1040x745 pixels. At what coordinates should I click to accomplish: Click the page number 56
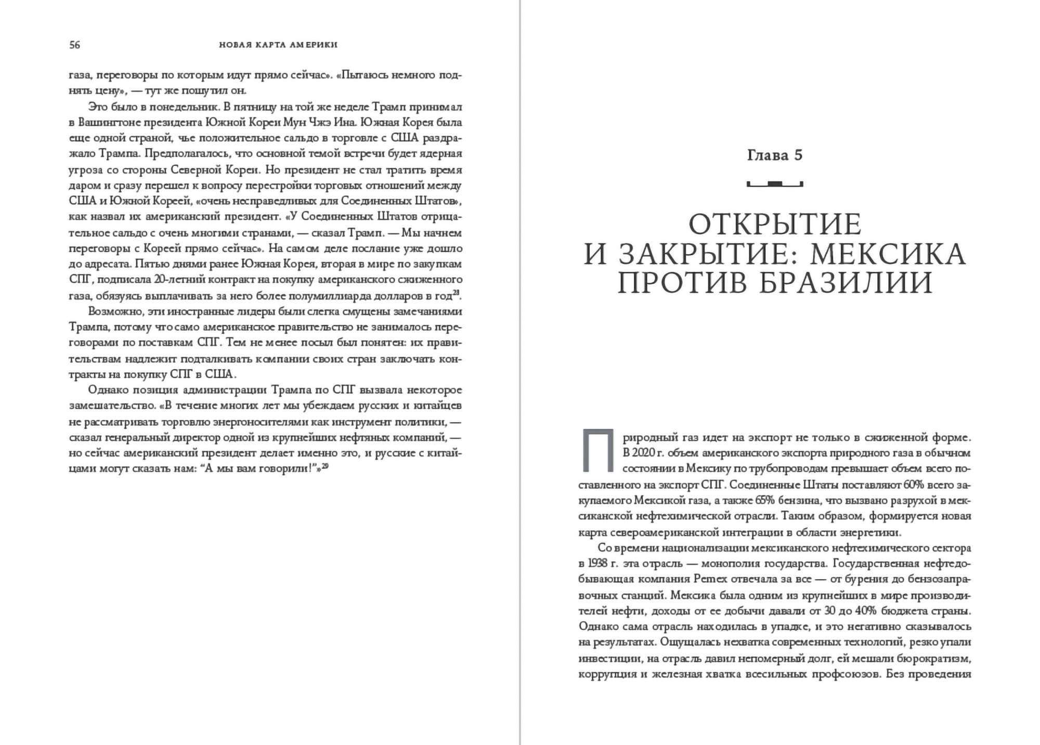tap(75, 45)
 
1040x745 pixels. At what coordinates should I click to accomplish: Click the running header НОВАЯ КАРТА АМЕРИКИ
tap(278, 45)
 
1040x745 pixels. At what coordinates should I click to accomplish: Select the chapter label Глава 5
tap(775, 155)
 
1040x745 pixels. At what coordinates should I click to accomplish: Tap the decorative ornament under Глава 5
tap(775, 184)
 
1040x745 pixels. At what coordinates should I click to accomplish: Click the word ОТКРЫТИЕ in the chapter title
tap(775, 225)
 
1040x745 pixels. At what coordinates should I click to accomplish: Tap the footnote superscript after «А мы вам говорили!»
tap(324, 466)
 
